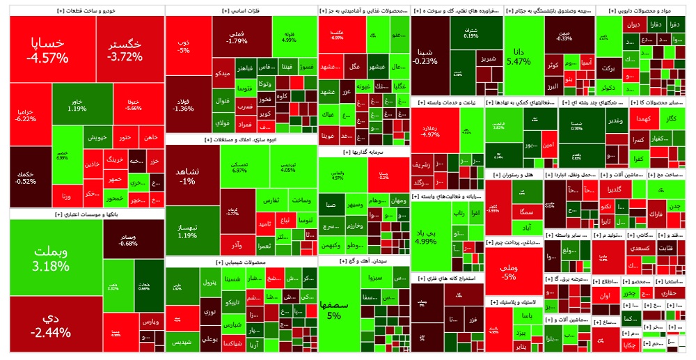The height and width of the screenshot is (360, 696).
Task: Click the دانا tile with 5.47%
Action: tap(519, 56)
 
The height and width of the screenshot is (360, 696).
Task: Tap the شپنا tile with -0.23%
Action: tap(425, 56)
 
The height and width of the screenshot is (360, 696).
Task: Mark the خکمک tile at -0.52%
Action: tap(25, 176)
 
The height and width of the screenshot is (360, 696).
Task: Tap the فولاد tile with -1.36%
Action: tap(184, 104)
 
